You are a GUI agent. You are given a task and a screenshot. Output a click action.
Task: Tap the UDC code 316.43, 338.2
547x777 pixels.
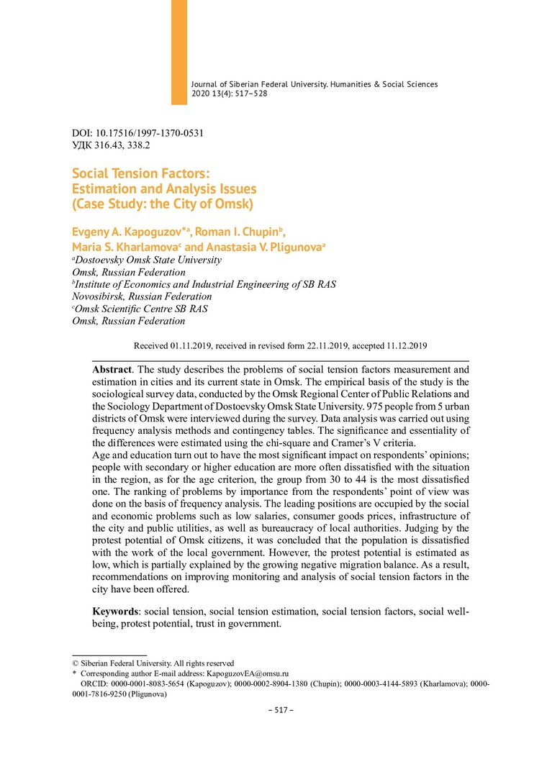pos(124,145)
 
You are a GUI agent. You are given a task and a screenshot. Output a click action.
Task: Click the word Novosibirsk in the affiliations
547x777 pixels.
pos(101,296)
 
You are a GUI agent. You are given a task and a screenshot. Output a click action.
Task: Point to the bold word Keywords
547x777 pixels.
pos(116,612)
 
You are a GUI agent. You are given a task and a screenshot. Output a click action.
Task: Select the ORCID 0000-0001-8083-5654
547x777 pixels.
pos(149,685)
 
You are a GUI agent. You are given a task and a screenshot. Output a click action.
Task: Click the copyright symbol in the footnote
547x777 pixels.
pos(76,663)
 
